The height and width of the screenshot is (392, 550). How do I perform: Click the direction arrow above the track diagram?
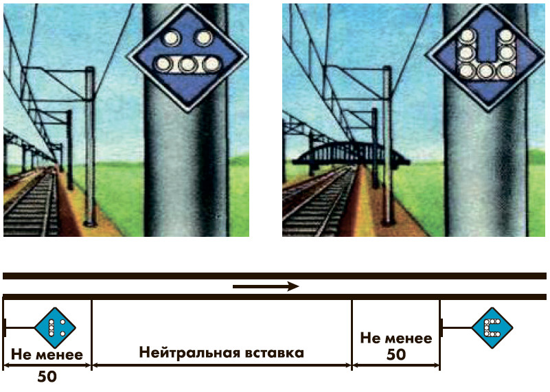click(266, 286)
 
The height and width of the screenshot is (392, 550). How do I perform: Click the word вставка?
click(271, 354)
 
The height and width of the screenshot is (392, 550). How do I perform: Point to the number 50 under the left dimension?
click(47, 376)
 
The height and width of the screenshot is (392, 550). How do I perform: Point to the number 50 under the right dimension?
click(396, 354)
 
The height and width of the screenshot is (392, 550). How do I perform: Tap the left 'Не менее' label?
click(47, 355)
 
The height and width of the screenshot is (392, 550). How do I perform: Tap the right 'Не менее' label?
click(396, 338)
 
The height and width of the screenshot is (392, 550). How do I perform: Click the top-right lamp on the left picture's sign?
click(203, 38)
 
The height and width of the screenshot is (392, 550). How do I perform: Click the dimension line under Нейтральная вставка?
click(221, 365)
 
